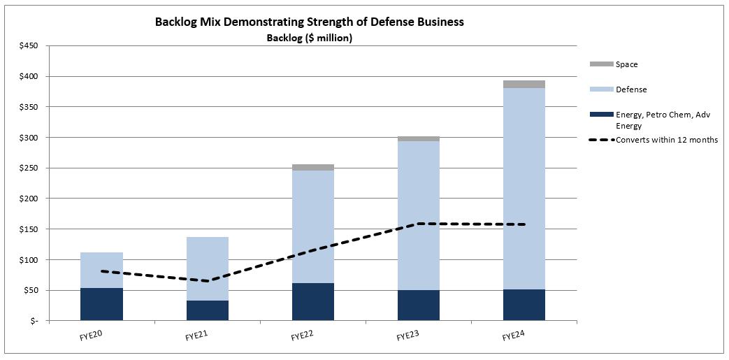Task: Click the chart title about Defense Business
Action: [309, 22]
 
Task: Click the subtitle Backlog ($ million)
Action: [309, 38]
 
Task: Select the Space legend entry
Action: [626, 64]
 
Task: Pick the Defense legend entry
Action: [630, 89]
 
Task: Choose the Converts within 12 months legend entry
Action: [666, 140]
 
